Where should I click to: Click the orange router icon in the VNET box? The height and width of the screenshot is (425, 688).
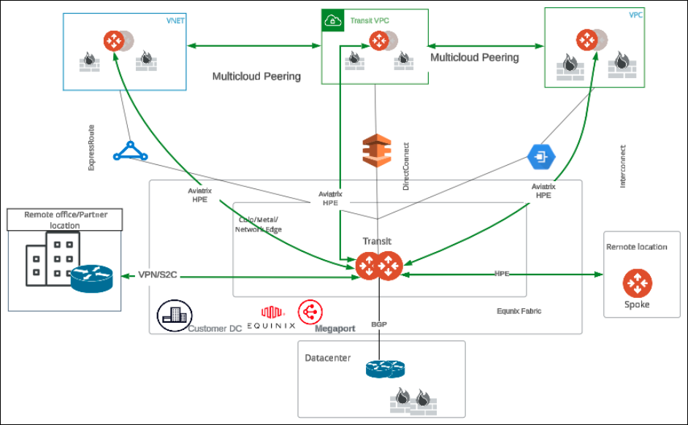[115, 40]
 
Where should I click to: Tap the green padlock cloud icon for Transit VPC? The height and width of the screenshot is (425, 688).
[332, 21]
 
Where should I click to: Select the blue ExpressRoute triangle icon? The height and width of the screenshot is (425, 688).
[130, 151]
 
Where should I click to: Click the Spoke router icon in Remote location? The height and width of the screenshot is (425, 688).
[638, 283]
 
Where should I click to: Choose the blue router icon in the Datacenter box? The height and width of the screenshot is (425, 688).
[384, 370]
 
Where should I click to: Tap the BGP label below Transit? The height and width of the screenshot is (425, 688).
[378, 323]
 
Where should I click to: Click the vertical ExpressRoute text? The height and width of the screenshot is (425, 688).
[91, 147]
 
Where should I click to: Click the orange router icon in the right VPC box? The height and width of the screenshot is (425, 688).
[589, 40]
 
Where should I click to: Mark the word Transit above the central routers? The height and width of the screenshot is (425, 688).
[378, 241]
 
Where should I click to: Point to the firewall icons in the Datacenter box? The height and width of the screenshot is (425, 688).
[411, 399]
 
